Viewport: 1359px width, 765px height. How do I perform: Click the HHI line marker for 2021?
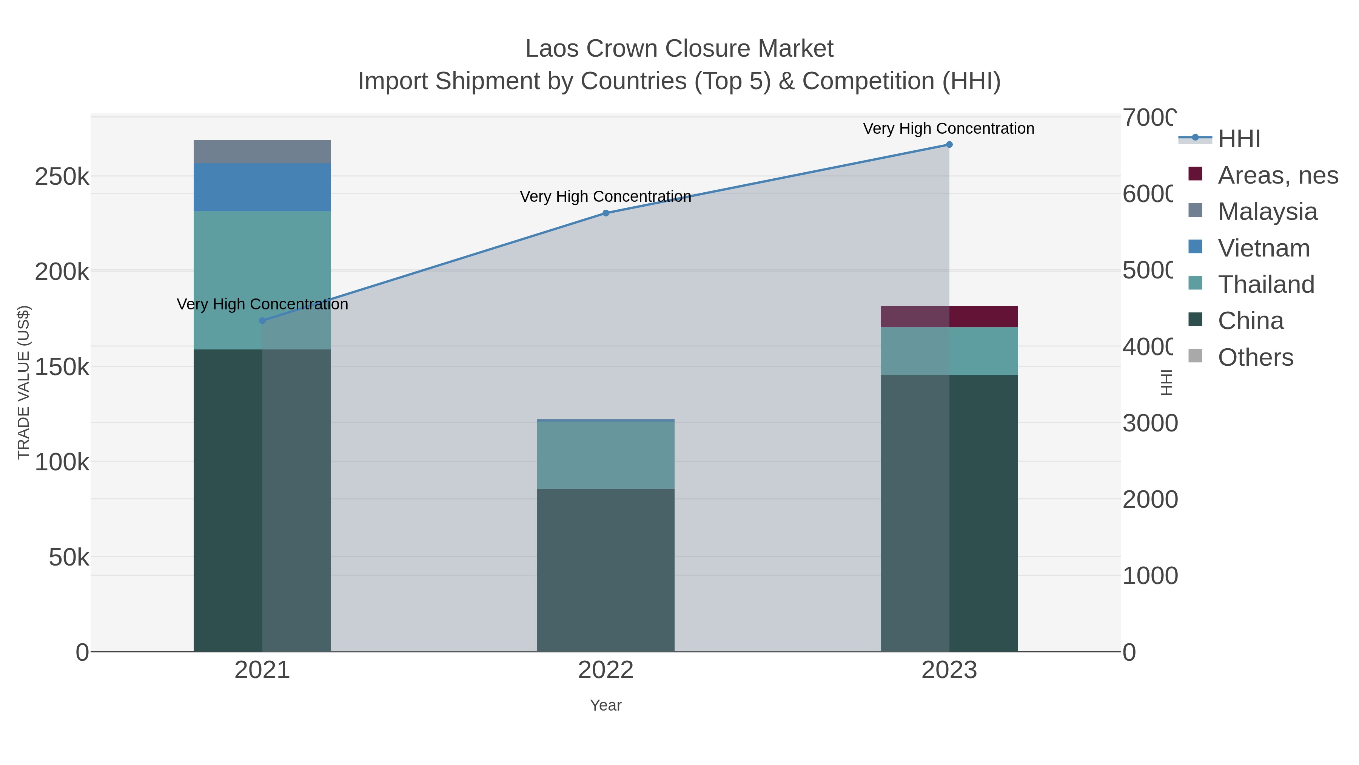click(262, 320)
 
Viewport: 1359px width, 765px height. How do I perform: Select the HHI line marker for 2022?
click(606, 213)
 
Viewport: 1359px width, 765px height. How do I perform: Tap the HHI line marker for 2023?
click(949, 145)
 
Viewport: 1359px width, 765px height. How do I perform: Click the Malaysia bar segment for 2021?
click(262, 151)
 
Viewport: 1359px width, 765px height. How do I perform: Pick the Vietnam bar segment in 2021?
click(262, 187)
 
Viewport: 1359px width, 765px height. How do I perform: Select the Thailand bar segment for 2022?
click(606, 454)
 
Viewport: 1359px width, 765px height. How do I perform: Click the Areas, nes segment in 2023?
click(949, 317)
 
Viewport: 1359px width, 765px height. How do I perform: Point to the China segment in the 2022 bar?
click(606, 570)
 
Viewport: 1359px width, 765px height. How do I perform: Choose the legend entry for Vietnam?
click(1263, 248)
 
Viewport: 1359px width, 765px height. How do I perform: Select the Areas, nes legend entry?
click(1277, 175)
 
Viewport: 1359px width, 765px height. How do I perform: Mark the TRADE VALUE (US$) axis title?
click(24, 382)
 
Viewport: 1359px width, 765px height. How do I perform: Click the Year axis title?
click(606, 705)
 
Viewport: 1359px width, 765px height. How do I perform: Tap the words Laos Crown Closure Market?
click(679, 49)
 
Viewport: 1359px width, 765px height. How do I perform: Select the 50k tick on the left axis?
click(69, 558)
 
